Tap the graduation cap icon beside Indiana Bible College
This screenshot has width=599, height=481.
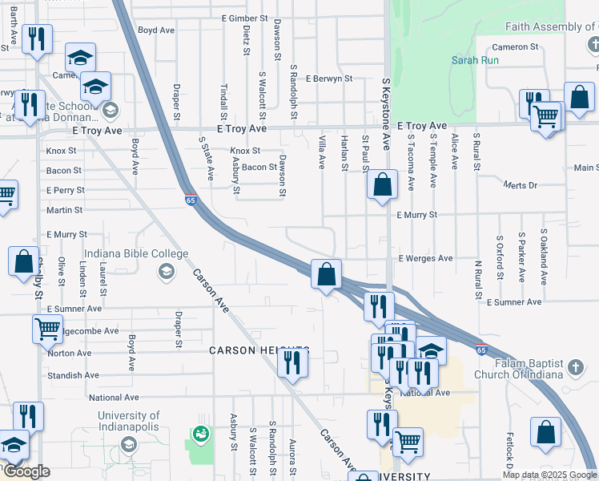point(166,270)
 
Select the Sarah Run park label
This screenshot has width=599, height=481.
point(475,60)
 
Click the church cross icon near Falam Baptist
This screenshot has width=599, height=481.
point(574,368)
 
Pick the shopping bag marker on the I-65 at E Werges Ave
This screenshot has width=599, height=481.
point(326,274)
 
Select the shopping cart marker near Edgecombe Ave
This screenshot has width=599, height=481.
point(47,329)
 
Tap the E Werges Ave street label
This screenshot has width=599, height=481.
point(425,259)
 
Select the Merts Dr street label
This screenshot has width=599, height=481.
point(521,185)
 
